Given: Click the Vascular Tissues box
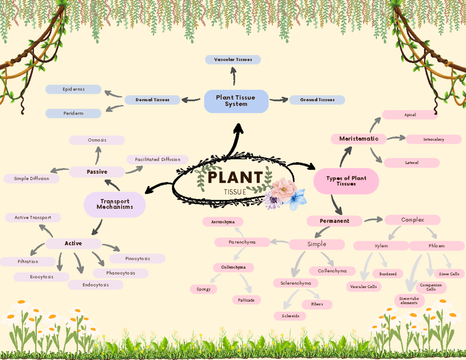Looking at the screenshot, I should click(x=233, y=59).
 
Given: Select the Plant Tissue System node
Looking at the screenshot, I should click(x=236, y=101).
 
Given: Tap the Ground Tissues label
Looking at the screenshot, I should click(x=317, y=100).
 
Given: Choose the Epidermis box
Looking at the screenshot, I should click(x=73, y=89).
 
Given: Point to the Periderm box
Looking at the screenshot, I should click(x=73, y=113).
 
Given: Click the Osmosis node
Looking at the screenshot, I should click(x=97, y=140).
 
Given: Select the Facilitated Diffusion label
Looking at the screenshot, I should click(x=158, y=160).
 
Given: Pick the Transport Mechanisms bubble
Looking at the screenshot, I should click(x=115, y=204).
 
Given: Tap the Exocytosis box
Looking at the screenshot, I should click(x=42, y=277).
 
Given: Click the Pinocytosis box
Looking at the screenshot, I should click(x=137, y=259).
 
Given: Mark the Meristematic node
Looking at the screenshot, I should click(x=358, y=139).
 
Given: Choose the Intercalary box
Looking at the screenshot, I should click(x=433, y=139).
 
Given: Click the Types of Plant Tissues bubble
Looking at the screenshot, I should click(x=346, y=181).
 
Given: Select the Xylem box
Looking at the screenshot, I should click(x=381, y=246).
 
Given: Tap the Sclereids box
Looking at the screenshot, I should click(x=290, y=316).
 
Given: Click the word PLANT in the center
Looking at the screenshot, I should click(x=235, y=178).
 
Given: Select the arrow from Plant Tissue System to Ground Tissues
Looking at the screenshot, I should click(x=278, y=100).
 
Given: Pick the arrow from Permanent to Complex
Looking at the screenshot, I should click(x=373, y=220).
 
